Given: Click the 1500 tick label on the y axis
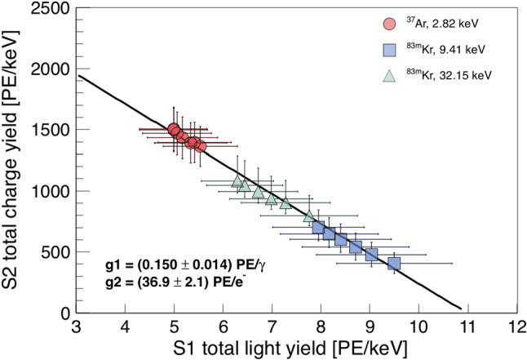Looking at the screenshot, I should click(51, 130).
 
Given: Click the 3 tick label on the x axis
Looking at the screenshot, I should click(77, 327).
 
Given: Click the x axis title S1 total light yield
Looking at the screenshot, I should click(296, 349).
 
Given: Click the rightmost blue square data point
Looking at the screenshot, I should click(394, 264).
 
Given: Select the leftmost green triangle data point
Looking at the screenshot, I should click(237, 180).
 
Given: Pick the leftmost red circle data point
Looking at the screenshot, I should click(173, 129).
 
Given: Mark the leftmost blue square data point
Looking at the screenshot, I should click(318, 228).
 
